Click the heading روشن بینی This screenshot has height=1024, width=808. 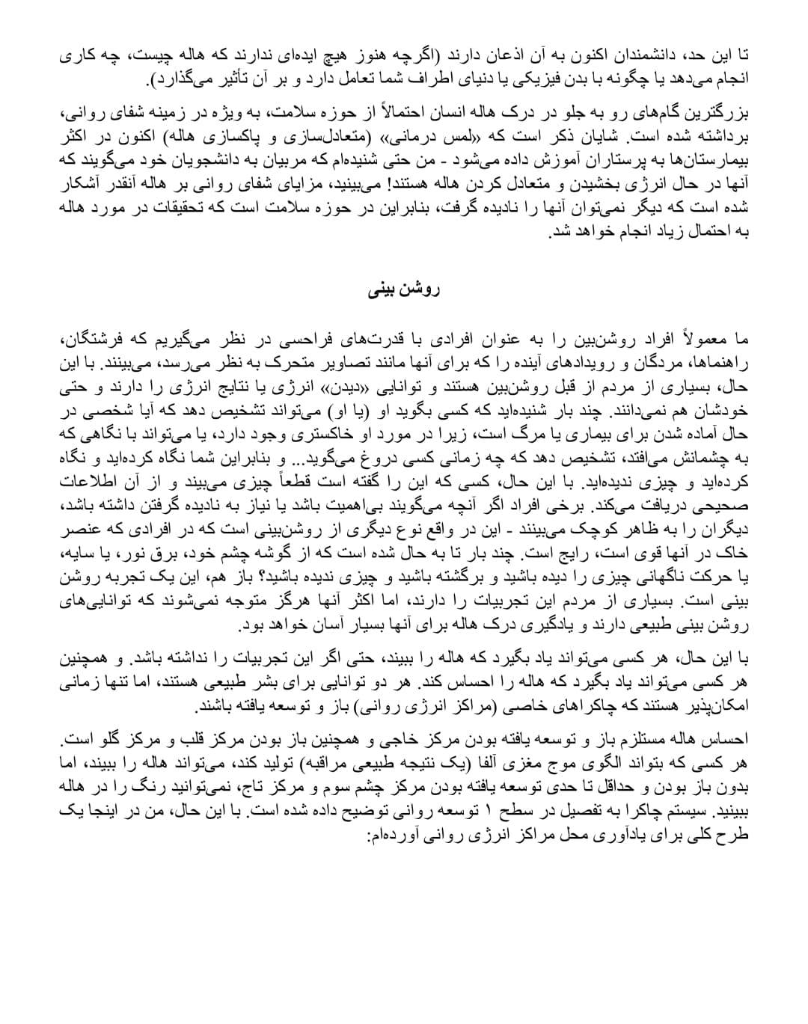coord(403,289)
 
